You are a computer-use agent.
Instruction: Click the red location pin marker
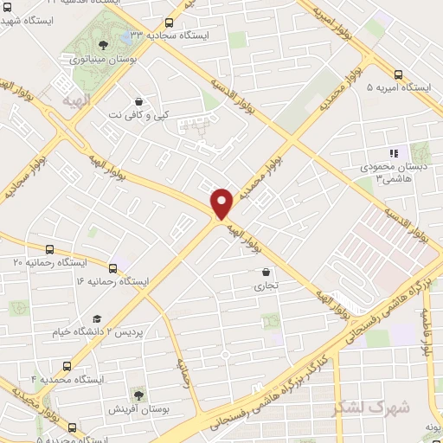click(222, 202)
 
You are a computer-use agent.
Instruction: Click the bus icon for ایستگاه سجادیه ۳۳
click(168, 22)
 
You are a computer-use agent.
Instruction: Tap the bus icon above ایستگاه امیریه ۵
click(398, 74)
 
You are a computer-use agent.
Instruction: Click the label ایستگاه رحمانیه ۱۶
click(112, 282)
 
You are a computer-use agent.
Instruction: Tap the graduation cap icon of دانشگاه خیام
click(97, 319)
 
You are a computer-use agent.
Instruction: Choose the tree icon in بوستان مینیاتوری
click(104, 44)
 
